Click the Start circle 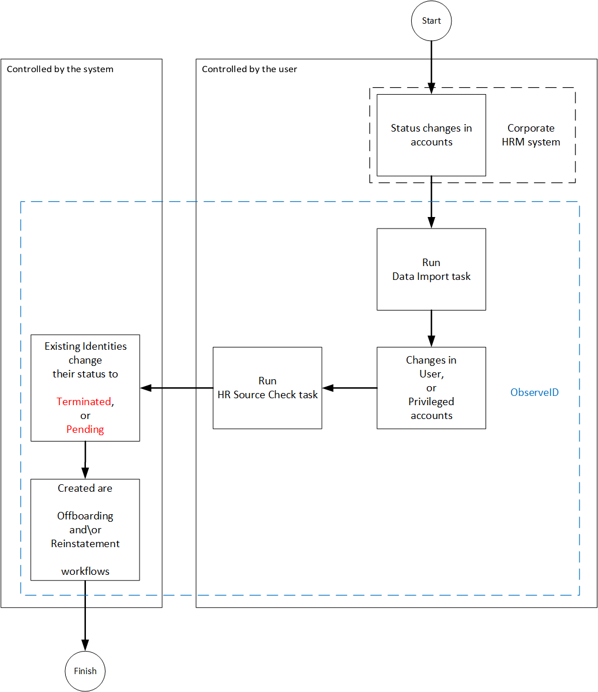point(431,21)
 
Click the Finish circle point(85,671)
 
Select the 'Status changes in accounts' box point(431,135)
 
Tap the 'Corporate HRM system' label point(531,135)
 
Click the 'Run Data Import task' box point(431,270)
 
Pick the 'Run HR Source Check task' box point(267,388)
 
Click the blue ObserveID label point(534,392)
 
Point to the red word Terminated point(84,402)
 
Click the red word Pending point(85,429)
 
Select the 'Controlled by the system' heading point(60,69)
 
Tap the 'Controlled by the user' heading point(249,69)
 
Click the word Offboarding point(85,516)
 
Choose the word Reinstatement point(85,544)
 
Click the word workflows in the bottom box point(85,571)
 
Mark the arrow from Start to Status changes point(431,66)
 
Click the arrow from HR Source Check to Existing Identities point(176,388)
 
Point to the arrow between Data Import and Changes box point(431,328)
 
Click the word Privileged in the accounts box point(431,402)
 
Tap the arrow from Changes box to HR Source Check point(349,388)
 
